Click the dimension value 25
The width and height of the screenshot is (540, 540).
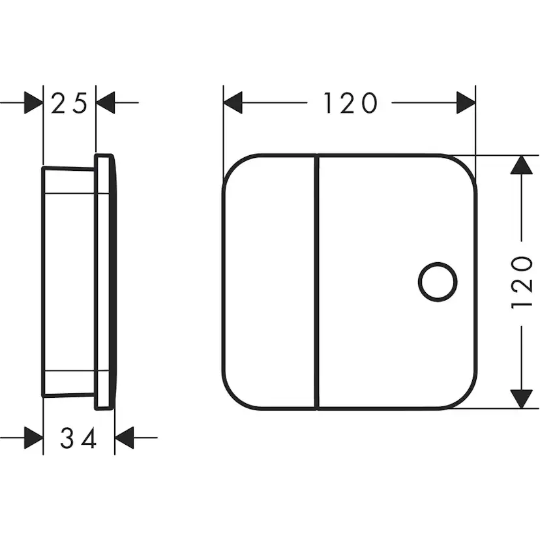(69, 103)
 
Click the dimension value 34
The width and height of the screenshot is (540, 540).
(78, 438)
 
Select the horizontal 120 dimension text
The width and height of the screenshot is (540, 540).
(350, 102)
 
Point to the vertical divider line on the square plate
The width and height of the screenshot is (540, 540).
(317, 282)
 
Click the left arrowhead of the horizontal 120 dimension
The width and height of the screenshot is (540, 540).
(233, 102)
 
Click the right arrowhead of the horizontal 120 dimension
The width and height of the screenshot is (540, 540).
(466, 102)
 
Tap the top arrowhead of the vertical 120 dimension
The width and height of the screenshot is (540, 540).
(521, 164)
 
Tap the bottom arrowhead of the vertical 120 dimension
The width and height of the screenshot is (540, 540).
(521, 399)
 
